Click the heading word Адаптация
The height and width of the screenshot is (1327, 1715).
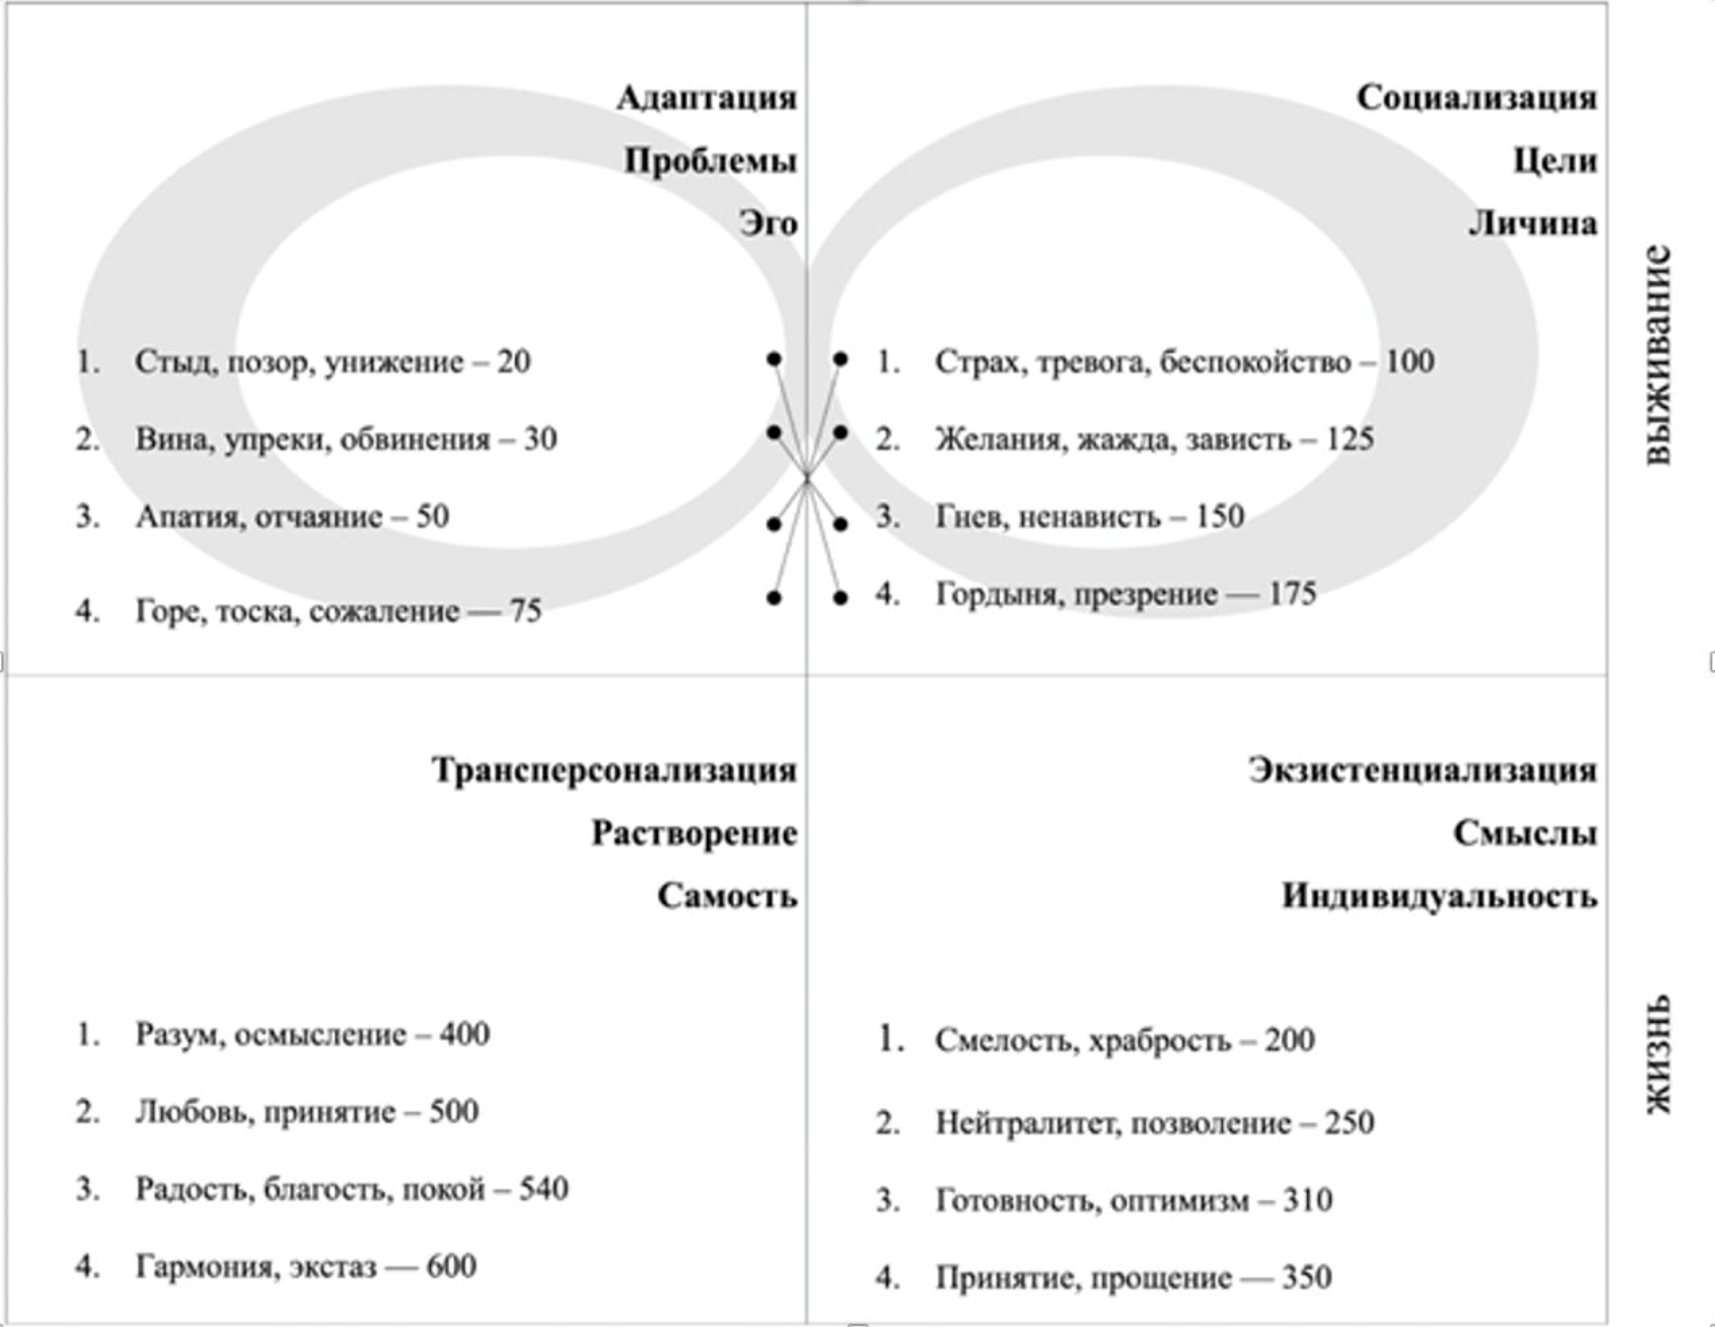[707, 98]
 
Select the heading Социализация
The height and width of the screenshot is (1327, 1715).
[1477, 98]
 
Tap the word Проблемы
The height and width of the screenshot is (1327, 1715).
[711, 161]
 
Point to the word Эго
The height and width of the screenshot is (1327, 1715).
[768, 224]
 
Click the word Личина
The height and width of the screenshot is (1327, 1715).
[1533, 224]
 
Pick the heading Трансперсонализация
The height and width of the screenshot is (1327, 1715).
[615, 770]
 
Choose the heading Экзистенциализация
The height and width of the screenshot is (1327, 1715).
[1423, 770]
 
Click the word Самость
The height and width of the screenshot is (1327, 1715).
[727, 896]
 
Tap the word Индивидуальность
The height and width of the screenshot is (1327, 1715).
[1439, 896]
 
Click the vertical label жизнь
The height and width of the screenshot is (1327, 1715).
[1657, 1055]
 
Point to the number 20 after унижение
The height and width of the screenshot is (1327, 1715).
[514, 362]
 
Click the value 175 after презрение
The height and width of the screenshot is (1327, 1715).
[1293, 594]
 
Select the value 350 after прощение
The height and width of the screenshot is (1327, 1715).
[1308, 1278]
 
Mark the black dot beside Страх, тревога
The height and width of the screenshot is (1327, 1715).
[840, 359]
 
